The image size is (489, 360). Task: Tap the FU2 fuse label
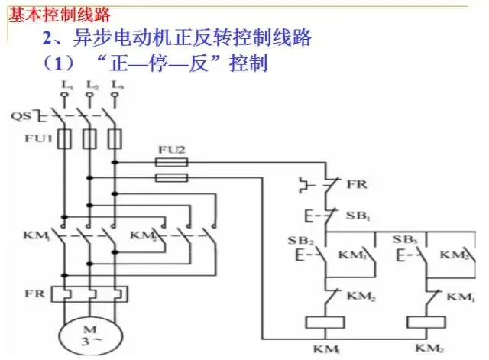coord(171,149)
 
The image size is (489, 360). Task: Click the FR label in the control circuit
coord(356,184)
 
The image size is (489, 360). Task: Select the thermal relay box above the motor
coord(90,294)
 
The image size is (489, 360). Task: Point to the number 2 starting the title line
coord(47,37)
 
